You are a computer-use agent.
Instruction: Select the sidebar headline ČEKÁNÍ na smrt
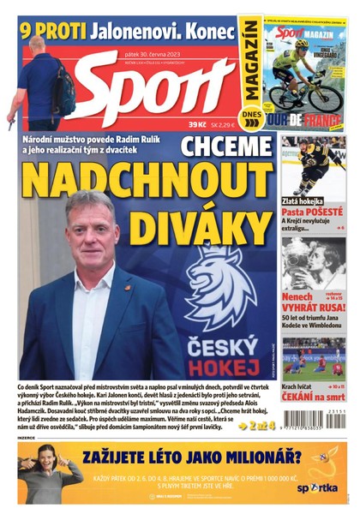tap(313, 396)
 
